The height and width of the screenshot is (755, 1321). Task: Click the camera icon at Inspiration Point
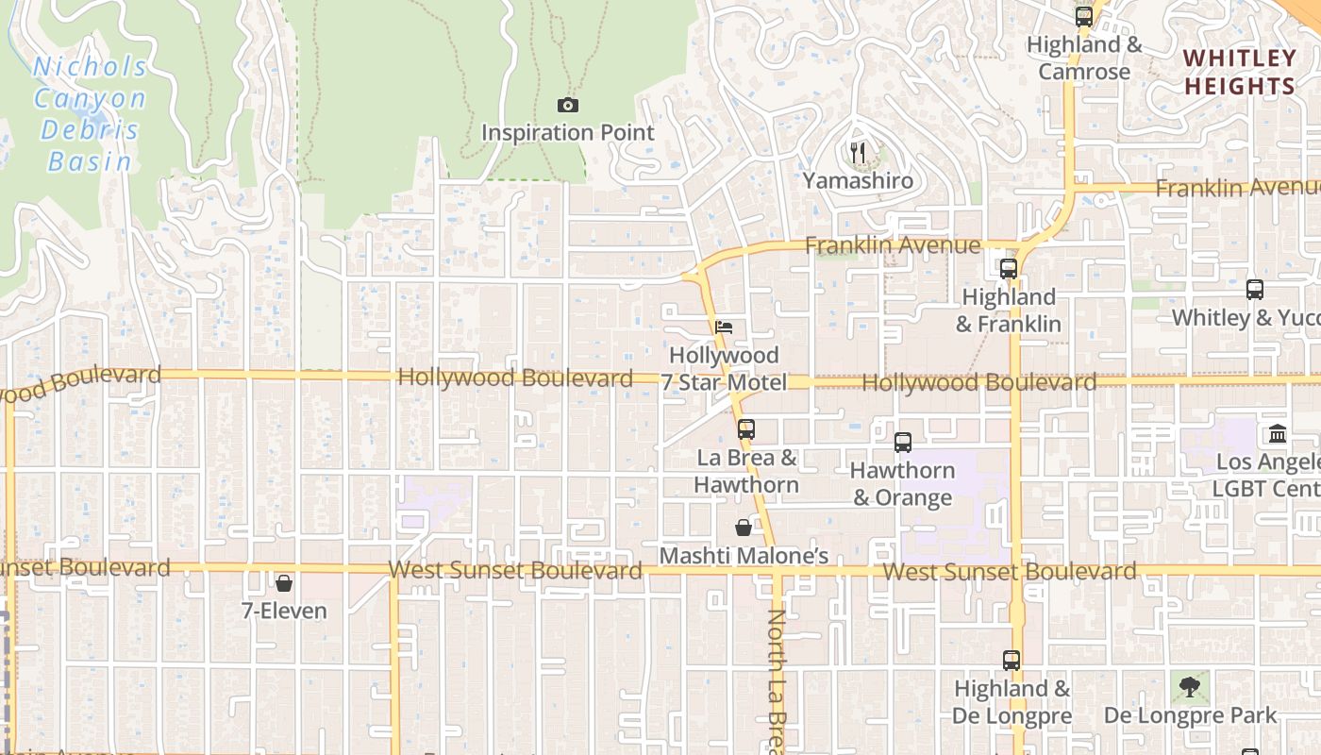(x=567, y=106)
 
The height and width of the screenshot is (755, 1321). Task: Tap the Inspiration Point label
(x=567, y=133)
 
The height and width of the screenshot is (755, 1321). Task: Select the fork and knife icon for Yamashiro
(x=858, y=152)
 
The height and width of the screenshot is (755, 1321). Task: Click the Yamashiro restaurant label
(x=858, y=180)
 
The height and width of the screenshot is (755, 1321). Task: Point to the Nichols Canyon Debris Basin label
(x=91, y=113)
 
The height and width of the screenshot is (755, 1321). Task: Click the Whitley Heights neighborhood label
(x=1240, y=72)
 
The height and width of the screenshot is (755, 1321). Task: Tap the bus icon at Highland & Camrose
(x=1083, y=17)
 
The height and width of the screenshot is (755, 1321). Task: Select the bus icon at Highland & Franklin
(x=1008, y=269)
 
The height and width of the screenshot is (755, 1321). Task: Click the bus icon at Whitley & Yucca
(x=1254, y=290)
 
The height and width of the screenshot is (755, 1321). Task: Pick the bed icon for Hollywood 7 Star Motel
(x=724, y=327)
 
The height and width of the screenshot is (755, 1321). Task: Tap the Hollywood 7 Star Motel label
(x=724, y=369)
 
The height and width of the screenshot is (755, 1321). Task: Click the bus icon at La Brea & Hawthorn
(x=746, y=429)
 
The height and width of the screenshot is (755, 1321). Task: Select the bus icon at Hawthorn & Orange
(x=902, y=442)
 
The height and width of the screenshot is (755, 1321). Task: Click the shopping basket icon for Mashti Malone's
(x=744, y=528)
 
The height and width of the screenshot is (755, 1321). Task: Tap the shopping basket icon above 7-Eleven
(x=284, y=583)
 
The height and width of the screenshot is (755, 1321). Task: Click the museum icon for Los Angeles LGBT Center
(x=1278, y=434)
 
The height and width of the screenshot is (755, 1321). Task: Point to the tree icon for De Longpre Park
(x=1190, y=686)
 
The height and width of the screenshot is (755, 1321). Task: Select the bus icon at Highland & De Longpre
(x=1012, y=661)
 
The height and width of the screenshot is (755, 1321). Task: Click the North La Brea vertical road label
(x=776, y=679)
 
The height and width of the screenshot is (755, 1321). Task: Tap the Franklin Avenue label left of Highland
(x=892, y=245)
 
